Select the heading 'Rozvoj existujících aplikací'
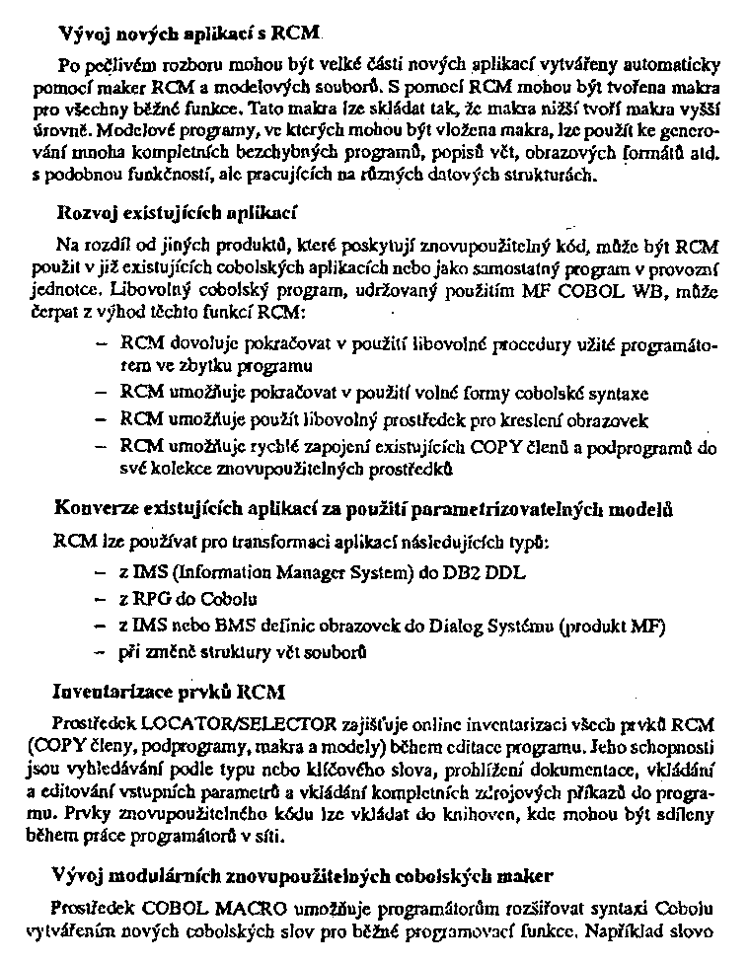coord(178,211)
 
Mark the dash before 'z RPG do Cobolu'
coord(100,598)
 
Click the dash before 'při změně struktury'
coord(100,652)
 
